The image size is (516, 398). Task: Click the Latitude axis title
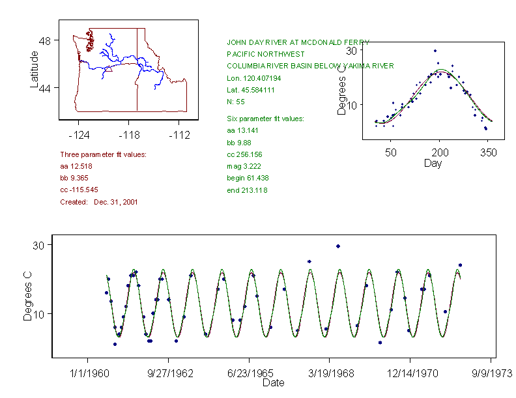click(35, 70)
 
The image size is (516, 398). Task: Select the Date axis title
click(273, 383)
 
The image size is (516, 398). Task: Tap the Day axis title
click(432, 163)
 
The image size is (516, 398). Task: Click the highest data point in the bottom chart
click(338, 246)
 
